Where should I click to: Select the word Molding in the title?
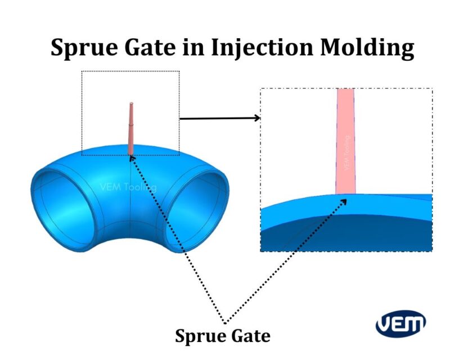[x=368, y=48]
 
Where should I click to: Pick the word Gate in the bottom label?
[x=251, y=336]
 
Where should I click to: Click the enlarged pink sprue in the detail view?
[x=345, y=141]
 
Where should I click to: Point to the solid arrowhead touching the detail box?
[x=257, y=118]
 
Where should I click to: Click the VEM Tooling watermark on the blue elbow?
[x=128, y=187]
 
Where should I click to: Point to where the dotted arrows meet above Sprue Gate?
[x=226, y=322]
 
